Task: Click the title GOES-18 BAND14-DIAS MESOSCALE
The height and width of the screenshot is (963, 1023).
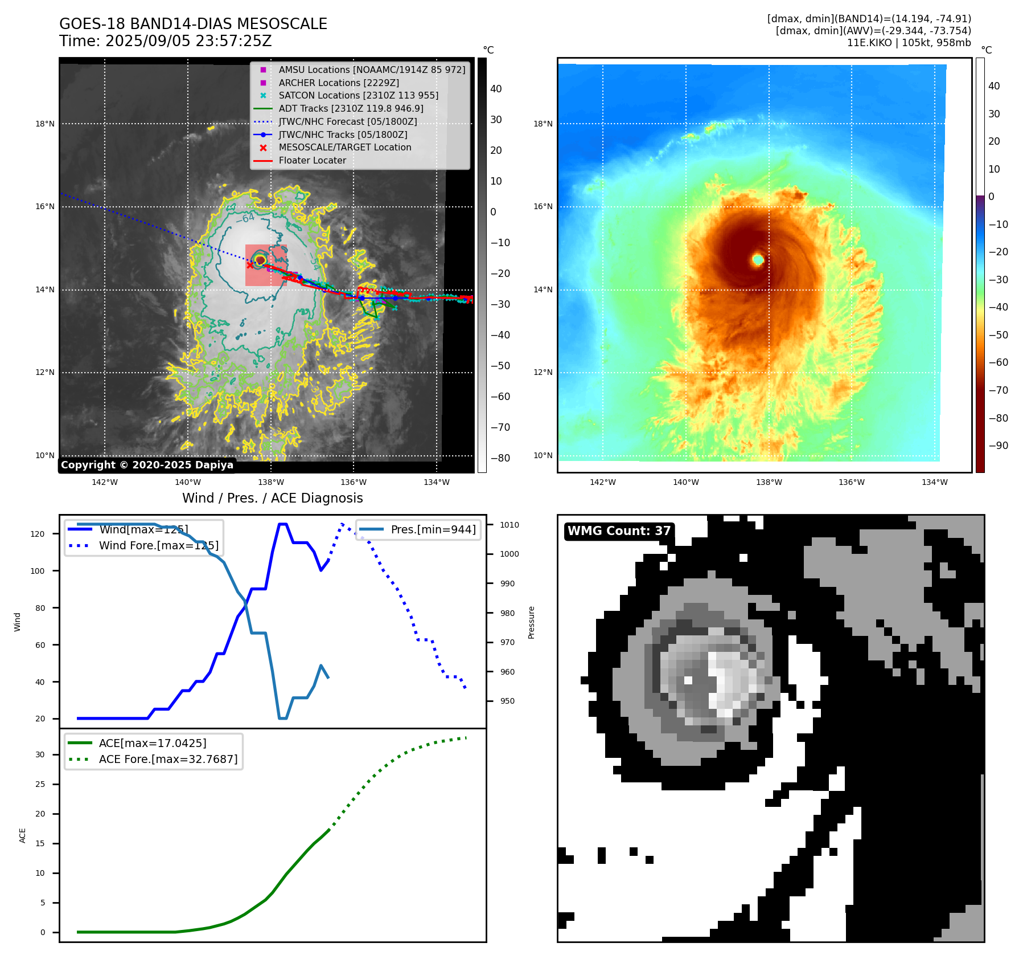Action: coord(193,24)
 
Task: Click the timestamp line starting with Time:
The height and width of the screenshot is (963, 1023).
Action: coord(165,41)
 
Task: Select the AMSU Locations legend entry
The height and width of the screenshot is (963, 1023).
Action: coord(371,70)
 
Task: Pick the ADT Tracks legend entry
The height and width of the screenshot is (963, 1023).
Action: coord(351,108)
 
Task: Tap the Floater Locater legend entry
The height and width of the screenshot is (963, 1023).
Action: coord(312,160)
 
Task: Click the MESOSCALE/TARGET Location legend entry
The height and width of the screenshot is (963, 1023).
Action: coord(344,147)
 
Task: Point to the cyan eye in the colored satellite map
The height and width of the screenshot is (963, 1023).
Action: coord(758,259)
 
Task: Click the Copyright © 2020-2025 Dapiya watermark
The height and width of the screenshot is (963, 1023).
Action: coord(147,465)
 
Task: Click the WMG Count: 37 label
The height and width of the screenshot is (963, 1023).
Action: coord(619,531)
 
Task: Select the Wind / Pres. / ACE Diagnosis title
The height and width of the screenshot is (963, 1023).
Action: coord(272,498)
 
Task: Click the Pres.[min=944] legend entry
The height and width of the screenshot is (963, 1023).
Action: coord(433,529)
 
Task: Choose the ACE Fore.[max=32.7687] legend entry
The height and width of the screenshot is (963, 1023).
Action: coord(168,759)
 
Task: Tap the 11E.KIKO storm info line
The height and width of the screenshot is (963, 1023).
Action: coord(909,43)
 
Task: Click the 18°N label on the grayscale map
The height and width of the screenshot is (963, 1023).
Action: coord(45,124)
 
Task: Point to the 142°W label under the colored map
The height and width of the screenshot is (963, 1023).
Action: coord(602,482)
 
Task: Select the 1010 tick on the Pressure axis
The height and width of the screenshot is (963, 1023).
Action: coord(510,525)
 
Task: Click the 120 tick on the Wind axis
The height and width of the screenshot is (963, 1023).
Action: coord(38,534)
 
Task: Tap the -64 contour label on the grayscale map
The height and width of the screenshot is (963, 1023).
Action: coord(245,218)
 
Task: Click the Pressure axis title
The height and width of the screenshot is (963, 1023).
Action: coord(531,622)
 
